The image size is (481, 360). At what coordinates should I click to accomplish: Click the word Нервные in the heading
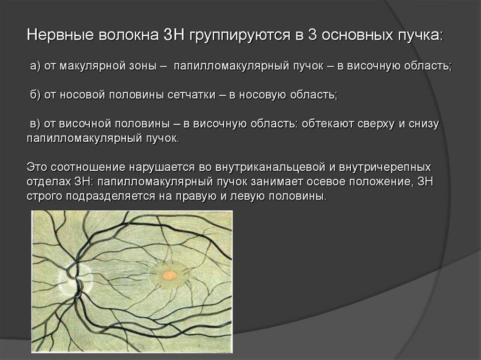[x=60, y=35]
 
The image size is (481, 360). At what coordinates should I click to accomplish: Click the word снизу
[x=424, y=124]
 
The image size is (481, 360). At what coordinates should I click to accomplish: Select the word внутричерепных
[x=385, y=168]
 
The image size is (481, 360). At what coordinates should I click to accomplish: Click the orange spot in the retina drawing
[x=169, y=275]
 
